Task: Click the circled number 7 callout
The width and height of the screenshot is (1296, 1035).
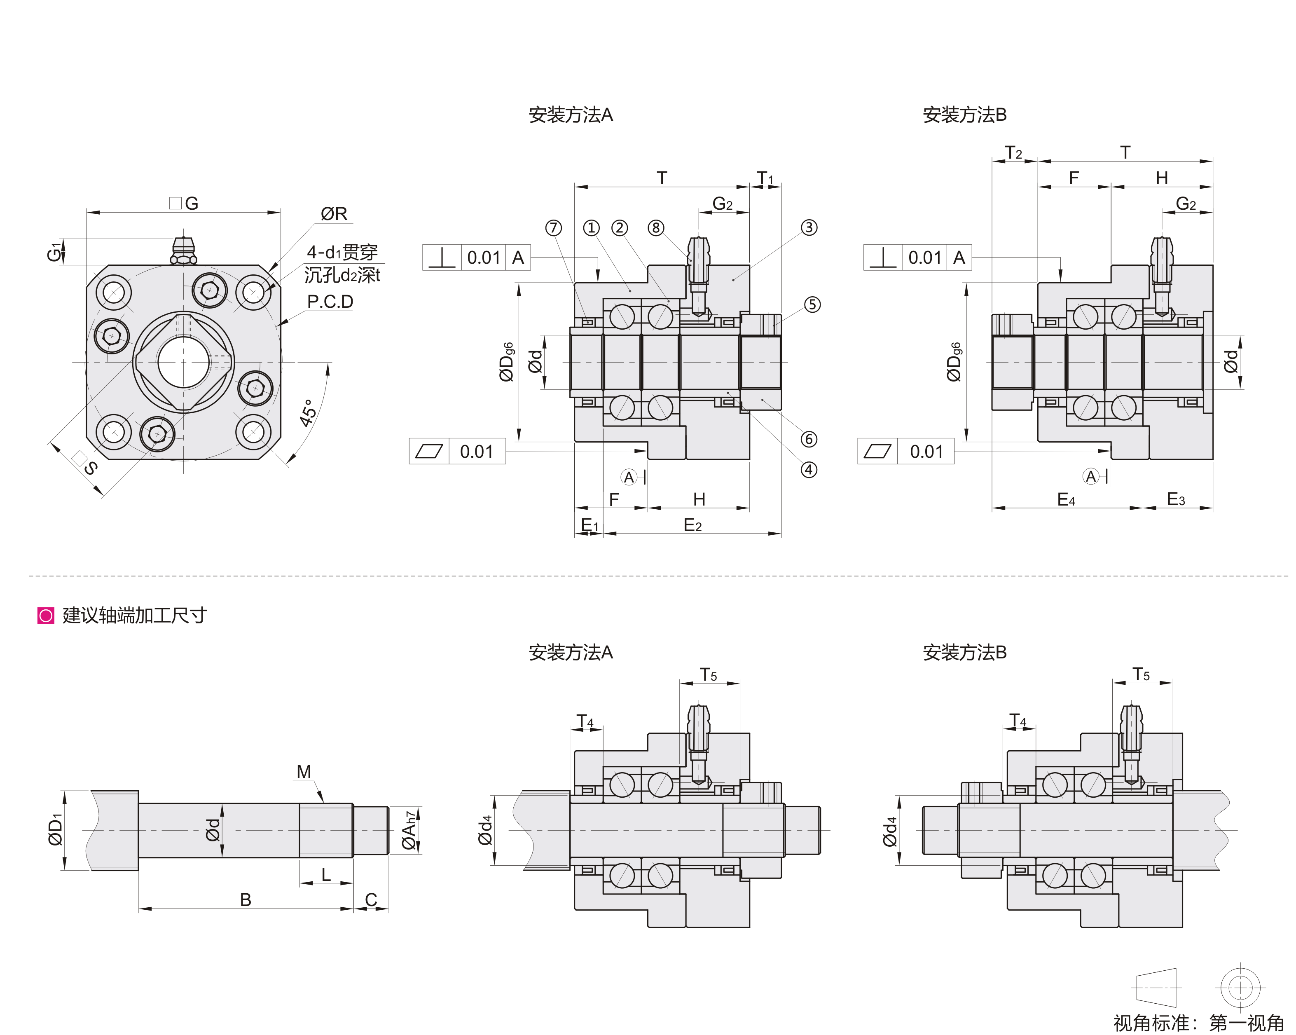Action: click(553, 228)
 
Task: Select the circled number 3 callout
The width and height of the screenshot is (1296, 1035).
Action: click(809, 228)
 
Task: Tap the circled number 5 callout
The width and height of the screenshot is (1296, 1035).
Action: click(812, 305)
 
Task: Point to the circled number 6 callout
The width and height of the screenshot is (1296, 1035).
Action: click(809, 439)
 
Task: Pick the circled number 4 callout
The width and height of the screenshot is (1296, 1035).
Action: click(809, 470)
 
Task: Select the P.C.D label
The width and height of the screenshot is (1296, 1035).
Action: click(330, 302)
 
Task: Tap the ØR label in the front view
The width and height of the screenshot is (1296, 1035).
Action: click(334, 214)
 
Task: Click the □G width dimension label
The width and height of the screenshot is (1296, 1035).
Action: click(184, 204)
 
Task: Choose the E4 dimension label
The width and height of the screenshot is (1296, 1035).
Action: click(1066, 499)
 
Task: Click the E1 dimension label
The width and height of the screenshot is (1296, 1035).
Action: click(589, 526)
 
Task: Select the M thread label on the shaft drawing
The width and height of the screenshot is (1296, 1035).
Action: click(304, 772)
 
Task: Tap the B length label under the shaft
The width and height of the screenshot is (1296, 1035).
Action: click(245, 900)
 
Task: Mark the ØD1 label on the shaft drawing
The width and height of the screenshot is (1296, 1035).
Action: click(55, 830)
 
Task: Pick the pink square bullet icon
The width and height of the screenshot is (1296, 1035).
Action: click(46, 616)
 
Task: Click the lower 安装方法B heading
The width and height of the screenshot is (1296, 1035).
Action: click(964, 653)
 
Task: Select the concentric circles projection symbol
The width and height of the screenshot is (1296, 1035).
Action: click(1240, 988)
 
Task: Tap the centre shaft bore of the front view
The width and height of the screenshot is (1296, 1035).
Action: click(183, 362)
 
